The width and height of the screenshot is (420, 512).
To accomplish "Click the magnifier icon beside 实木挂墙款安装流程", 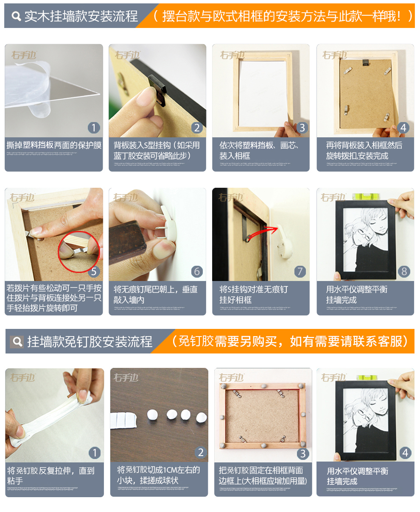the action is pyautogui.click(x=16, y=17).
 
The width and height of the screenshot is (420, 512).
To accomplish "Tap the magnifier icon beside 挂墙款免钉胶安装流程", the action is pyautogui.click(x=17, y=342).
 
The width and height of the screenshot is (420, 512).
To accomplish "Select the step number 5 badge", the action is pyautogui.click(x=94, y=271).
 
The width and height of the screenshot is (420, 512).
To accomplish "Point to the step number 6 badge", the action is pyautogui.click(x=197, y=271).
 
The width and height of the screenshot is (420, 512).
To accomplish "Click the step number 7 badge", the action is pyautogui.click(x=300, y=271).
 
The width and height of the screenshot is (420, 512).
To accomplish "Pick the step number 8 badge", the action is pyautogui.click(x=404, y=271).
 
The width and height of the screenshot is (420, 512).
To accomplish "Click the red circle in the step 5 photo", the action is pyautogui.click(x=79, y=251).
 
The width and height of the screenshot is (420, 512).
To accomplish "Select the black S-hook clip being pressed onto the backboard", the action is pyautogui.click(x=157, y=90).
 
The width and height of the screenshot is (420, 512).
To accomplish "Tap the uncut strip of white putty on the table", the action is pyautogui.click(x=123, y=420).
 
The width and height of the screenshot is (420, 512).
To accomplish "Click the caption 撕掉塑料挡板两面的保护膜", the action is pyautogui.click(x=54, y=145).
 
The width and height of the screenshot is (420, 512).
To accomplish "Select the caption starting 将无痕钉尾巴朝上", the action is pyautogui.click(x=155, y=295).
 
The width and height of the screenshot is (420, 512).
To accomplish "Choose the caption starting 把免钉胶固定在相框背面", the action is pyautogui.click(x=263, y=476).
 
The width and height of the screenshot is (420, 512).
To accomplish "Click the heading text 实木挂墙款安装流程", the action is pyautogui.click(x=81, y=16).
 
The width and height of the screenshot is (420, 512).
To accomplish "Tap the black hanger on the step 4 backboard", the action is pyautogui.click(x=365, y=63).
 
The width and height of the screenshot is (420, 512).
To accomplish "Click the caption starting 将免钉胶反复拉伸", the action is pyautogui.click(x=50, y=476).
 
